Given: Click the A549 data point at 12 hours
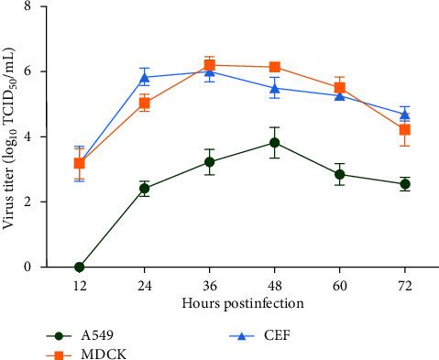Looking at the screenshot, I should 80,267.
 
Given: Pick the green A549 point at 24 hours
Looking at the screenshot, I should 144,189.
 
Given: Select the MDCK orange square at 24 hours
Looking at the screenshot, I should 144,103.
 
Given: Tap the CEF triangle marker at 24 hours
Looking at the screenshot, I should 144,77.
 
